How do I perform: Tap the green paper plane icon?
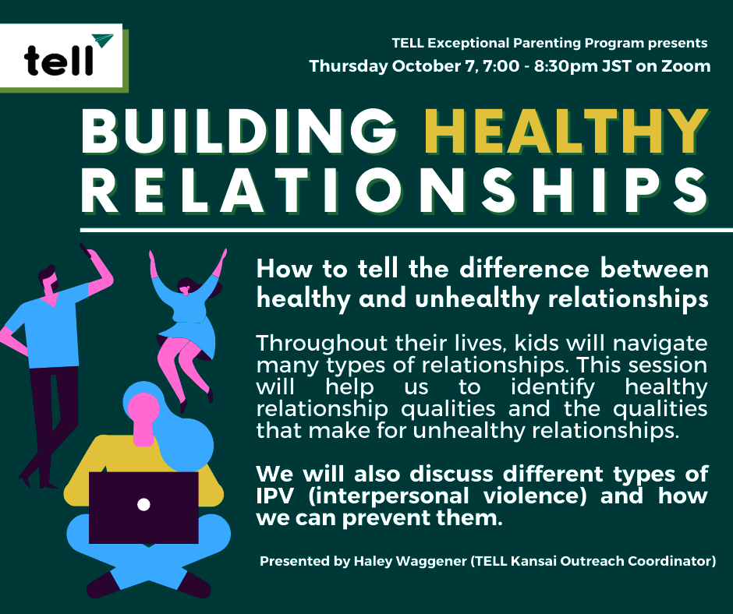[102, 41]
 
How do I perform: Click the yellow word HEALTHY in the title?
[567, 132]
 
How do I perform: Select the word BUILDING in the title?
[239, 132]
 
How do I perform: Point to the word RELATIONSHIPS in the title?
[395, 191]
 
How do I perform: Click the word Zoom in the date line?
[685, 66]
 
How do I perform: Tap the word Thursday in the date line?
[349, 66]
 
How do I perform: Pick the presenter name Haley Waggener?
[410, 561]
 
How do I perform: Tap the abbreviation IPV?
[275, 496]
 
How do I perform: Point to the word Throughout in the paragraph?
[322, 344]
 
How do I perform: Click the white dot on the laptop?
[143, 505]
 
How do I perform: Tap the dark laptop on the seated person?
[143, 508]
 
